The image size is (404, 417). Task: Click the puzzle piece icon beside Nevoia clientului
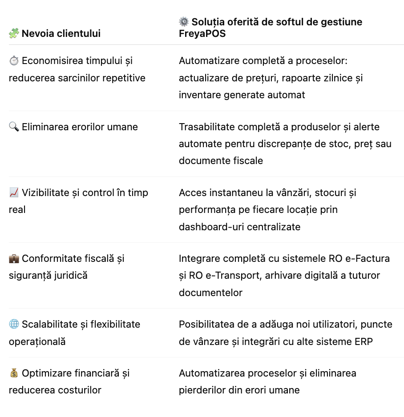coord(14,33)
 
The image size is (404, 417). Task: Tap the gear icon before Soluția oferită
coord(184,21)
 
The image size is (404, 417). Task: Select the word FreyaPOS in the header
coord(202,34)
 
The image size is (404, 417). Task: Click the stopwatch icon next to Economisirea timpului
coord(14,61)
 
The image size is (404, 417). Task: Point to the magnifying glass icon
coord(14,127)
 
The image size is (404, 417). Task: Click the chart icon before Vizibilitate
coord(14,192)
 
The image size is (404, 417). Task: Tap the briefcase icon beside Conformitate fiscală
coord(14,258)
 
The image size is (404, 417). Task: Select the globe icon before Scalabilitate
coord(14,324)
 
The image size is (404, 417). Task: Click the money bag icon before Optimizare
coord(14,373)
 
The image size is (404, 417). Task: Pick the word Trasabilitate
coord(207,127)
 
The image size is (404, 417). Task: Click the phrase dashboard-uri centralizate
coord(240,227)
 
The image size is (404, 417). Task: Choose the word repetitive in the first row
coord(124,78)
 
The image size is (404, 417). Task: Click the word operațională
coord(37,341)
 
